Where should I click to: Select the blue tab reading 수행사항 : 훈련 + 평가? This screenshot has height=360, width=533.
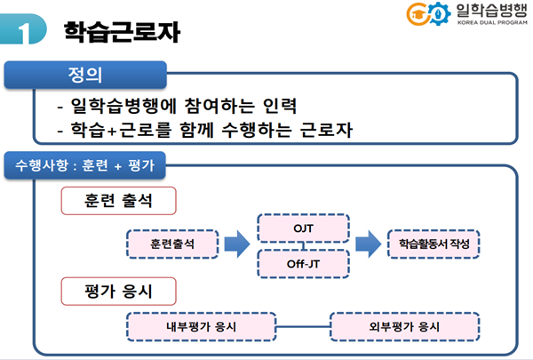tap(82, 165)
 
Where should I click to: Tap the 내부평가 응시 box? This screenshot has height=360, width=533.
tap(202, 325)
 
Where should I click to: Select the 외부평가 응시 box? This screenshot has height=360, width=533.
tap(405, 325)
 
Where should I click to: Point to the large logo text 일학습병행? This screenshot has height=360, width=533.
tap(488, 12)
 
